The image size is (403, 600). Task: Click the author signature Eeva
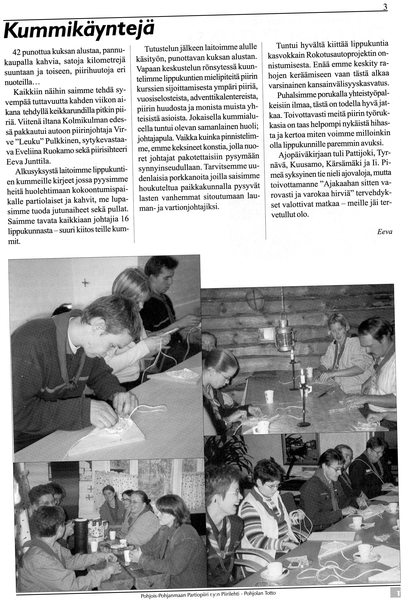pos(385,232)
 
